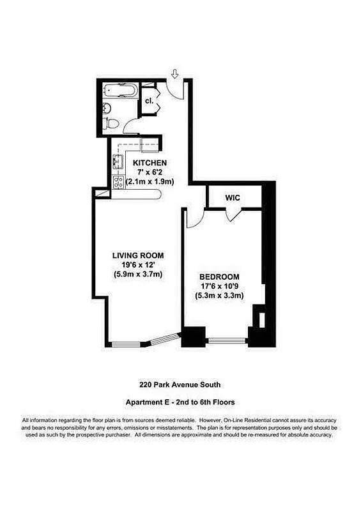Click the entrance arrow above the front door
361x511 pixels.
click(174, 75)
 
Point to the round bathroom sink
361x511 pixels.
click(108, 108)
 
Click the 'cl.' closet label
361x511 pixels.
click(149, 101)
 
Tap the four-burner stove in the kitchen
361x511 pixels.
click(119, 182)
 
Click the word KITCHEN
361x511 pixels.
click(150, 163)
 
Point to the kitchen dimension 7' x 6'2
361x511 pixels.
click(150, 172)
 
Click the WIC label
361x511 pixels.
click(232, 197)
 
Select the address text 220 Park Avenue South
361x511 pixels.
click(180, 385)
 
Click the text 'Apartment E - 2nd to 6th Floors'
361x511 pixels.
click(180, 402)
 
